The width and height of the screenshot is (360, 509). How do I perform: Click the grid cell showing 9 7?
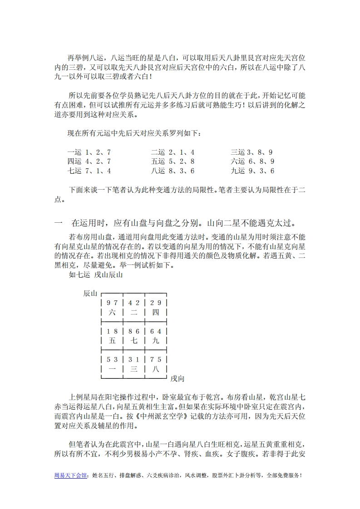coord(112,307)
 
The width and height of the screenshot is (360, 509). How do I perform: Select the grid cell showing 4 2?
coord(134,307)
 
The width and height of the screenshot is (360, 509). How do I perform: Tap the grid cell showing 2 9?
coord(156,307)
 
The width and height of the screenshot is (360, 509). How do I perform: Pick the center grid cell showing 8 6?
coord(134,335)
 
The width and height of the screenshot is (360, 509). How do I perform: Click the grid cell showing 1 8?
coord(112,335)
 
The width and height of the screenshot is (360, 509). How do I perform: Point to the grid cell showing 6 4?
coord(156,335)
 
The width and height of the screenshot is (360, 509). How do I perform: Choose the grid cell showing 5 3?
coord(112,363)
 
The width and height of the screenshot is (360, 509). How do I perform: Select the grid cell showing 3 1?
coord(134,363)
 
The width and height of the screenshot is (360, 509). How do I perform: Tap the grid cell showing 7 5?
coord(156,363)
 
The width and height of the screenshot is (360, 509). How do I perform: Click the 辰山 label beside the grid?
coord(90,293)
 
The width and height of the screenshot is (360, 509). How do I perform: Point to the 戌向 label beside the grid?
coord(177,378)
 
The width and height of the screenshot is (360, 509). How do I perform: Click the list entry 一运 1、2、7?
coord(89,152)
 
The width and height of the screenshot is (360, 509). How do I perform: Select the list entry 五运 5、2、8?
coord(173,162)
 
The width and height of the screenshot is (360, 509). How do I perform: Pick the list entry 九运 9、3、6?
coord(252,171)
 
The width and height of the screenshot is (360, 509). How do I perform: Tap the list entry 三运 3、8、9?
coord(252,152)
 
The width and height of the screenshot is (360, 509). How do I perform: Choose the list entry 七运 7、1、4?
coord(89,171)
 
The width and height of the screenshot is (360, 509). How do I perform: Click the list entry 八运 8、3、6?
coord(173,171)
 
